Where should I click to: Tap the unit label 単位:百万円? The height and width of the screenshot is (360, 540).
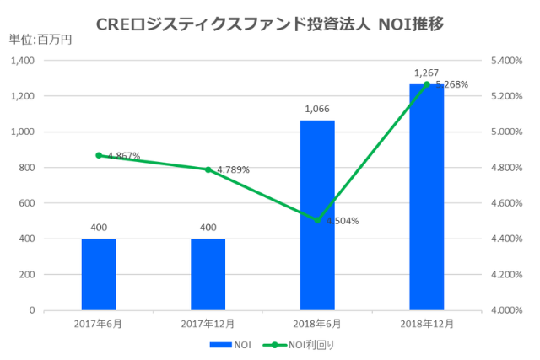(37, 39)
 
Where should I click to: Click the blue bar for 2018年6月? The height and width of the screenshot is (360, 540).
(317, 215)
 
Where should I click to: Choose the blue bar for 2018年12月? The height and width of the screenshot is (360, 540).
(426, 197)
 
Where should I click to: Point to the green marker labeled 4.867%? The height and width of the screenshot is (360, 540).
(99, 155)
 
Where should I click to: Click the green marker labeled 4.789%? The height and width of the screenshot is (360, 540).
(208, 169)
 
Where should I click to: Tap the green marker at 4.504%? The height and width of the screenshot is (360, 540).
(317, 220)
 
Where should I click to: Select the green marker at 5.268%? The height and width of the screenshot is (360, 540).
(426, 84)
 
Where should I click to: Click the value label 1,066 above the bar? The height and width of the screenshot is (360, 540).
(317, 109)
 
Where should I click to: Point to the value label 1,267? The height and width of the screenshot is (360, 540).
(426, 73)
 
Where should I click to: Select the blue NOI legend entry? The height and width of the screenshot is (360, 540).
(229, 345)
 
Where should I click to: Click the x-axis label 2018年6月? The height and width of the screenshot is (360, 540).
(317, 324)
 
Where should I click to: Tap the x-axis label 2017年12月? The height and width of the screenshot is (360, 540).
(208, 324)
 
